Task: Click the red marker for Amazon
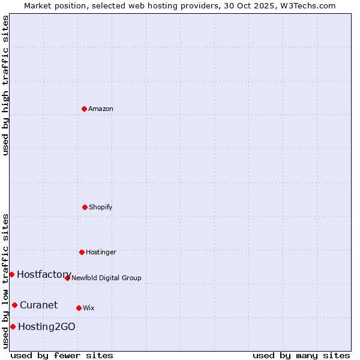[x=84, y=109]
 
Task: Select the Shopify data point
[x=85, y=207]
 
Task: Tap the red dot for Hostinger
[x=82, y=252]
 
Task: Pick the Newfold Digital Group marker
[x=67, y=278]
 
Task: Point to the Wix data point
[x=79, y=308]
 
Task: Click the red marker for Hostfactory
[x=11, y=274]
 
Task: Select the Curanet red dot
[x=14, y=305]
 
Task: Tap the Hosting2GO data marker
[x=13, y=326]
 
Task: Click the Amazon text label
[x=101, y=109]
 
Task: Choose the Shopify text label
[x=101, y=207]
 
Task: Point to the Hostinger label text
[x=101, y=252]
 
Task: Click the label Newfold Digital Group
[x=106, y=278]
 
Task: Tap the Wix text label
[x=89, y=308]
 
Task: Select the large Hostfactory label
[x=44, y=274]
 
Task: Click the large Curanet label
[x=38, y=305]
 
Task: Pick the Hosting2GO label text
[x=47, y=326]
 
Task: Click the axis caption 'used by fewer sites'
[x=62, y=355]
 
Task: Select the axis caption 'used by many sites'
[x=301, y=355]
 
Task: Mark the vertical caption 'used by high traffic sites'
[x=5, y=85]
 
